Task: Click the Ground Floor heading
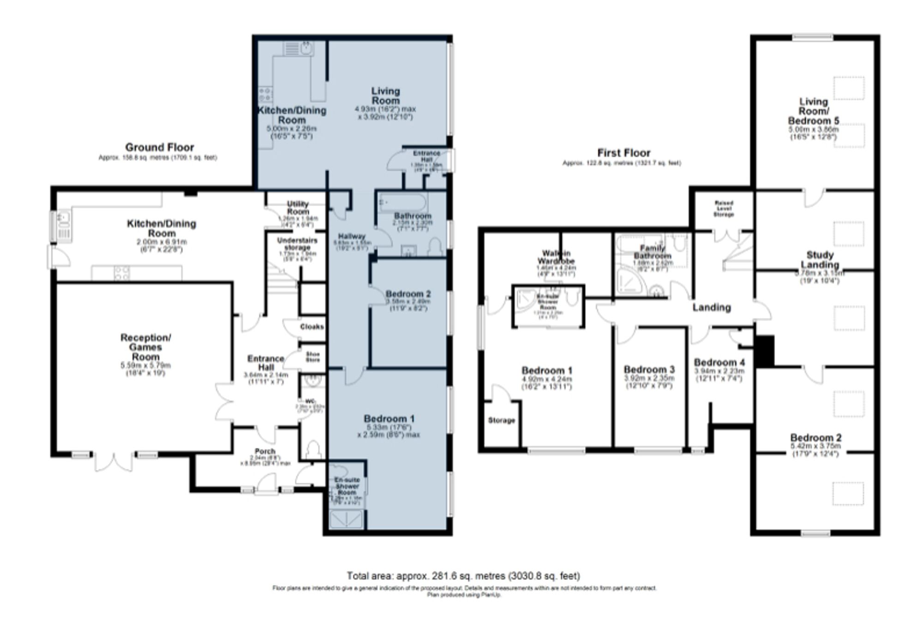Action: tap(159, 147)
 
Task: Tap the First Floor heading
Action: tap(623, 153)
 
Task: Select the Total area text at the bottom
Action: tap(463, 575)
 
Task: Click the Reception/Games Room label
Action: tap(146, 347)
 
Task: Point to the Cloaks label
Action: tap(312, 327)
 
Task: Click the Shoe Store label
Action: tap(313, 357)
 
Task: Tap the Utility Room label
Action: tap(298, 208)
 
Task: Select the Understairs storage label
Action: tap(297, 244)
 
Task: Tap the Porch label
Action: tap(265, 451)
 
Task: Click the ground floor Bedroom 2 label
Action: tap(408, 294)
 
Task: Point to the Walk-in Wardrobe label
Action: tap(556, 257)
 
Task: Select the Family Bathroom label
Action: tap(652, 252)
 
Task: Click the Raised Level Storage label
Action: tap(724, 209)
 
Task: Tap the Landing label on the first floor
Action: tap(712, 307)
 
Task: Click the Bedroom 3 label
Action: tap(649, 370)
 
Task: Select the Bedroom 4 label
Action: tap(719, 363)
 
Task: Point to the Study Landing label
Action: tap(820, 260)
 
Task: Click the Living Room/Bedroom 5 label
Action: tap(814, 111)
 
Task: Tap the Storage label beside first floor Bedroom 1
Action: tap(501, 420)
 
